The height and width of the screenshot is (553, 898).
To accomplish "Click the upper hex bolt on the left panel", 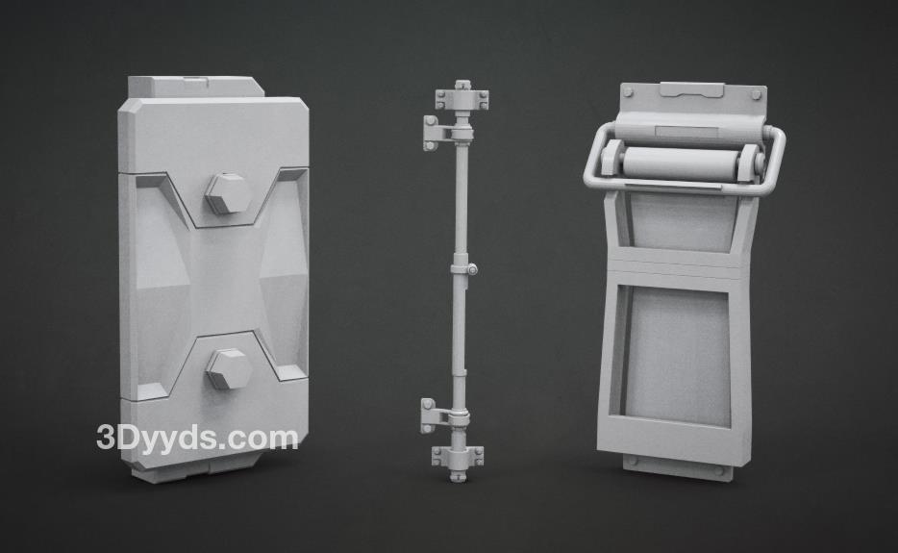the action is coord(228,193).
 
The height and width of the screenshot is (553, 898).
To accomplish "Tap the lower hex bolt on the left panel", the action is coord(229,368).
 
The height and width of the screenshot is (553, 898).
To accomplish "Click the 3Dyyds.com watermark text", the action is coord(198,439).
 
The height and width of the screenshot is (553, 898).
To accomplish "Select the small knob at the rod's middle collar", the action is coord(472,268).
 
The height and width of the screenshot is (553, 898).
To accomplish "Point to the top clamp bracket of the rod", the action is coord(462,97).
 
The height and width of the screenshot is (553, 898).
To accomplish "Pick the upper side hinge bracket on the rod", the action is coord(438,133).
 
